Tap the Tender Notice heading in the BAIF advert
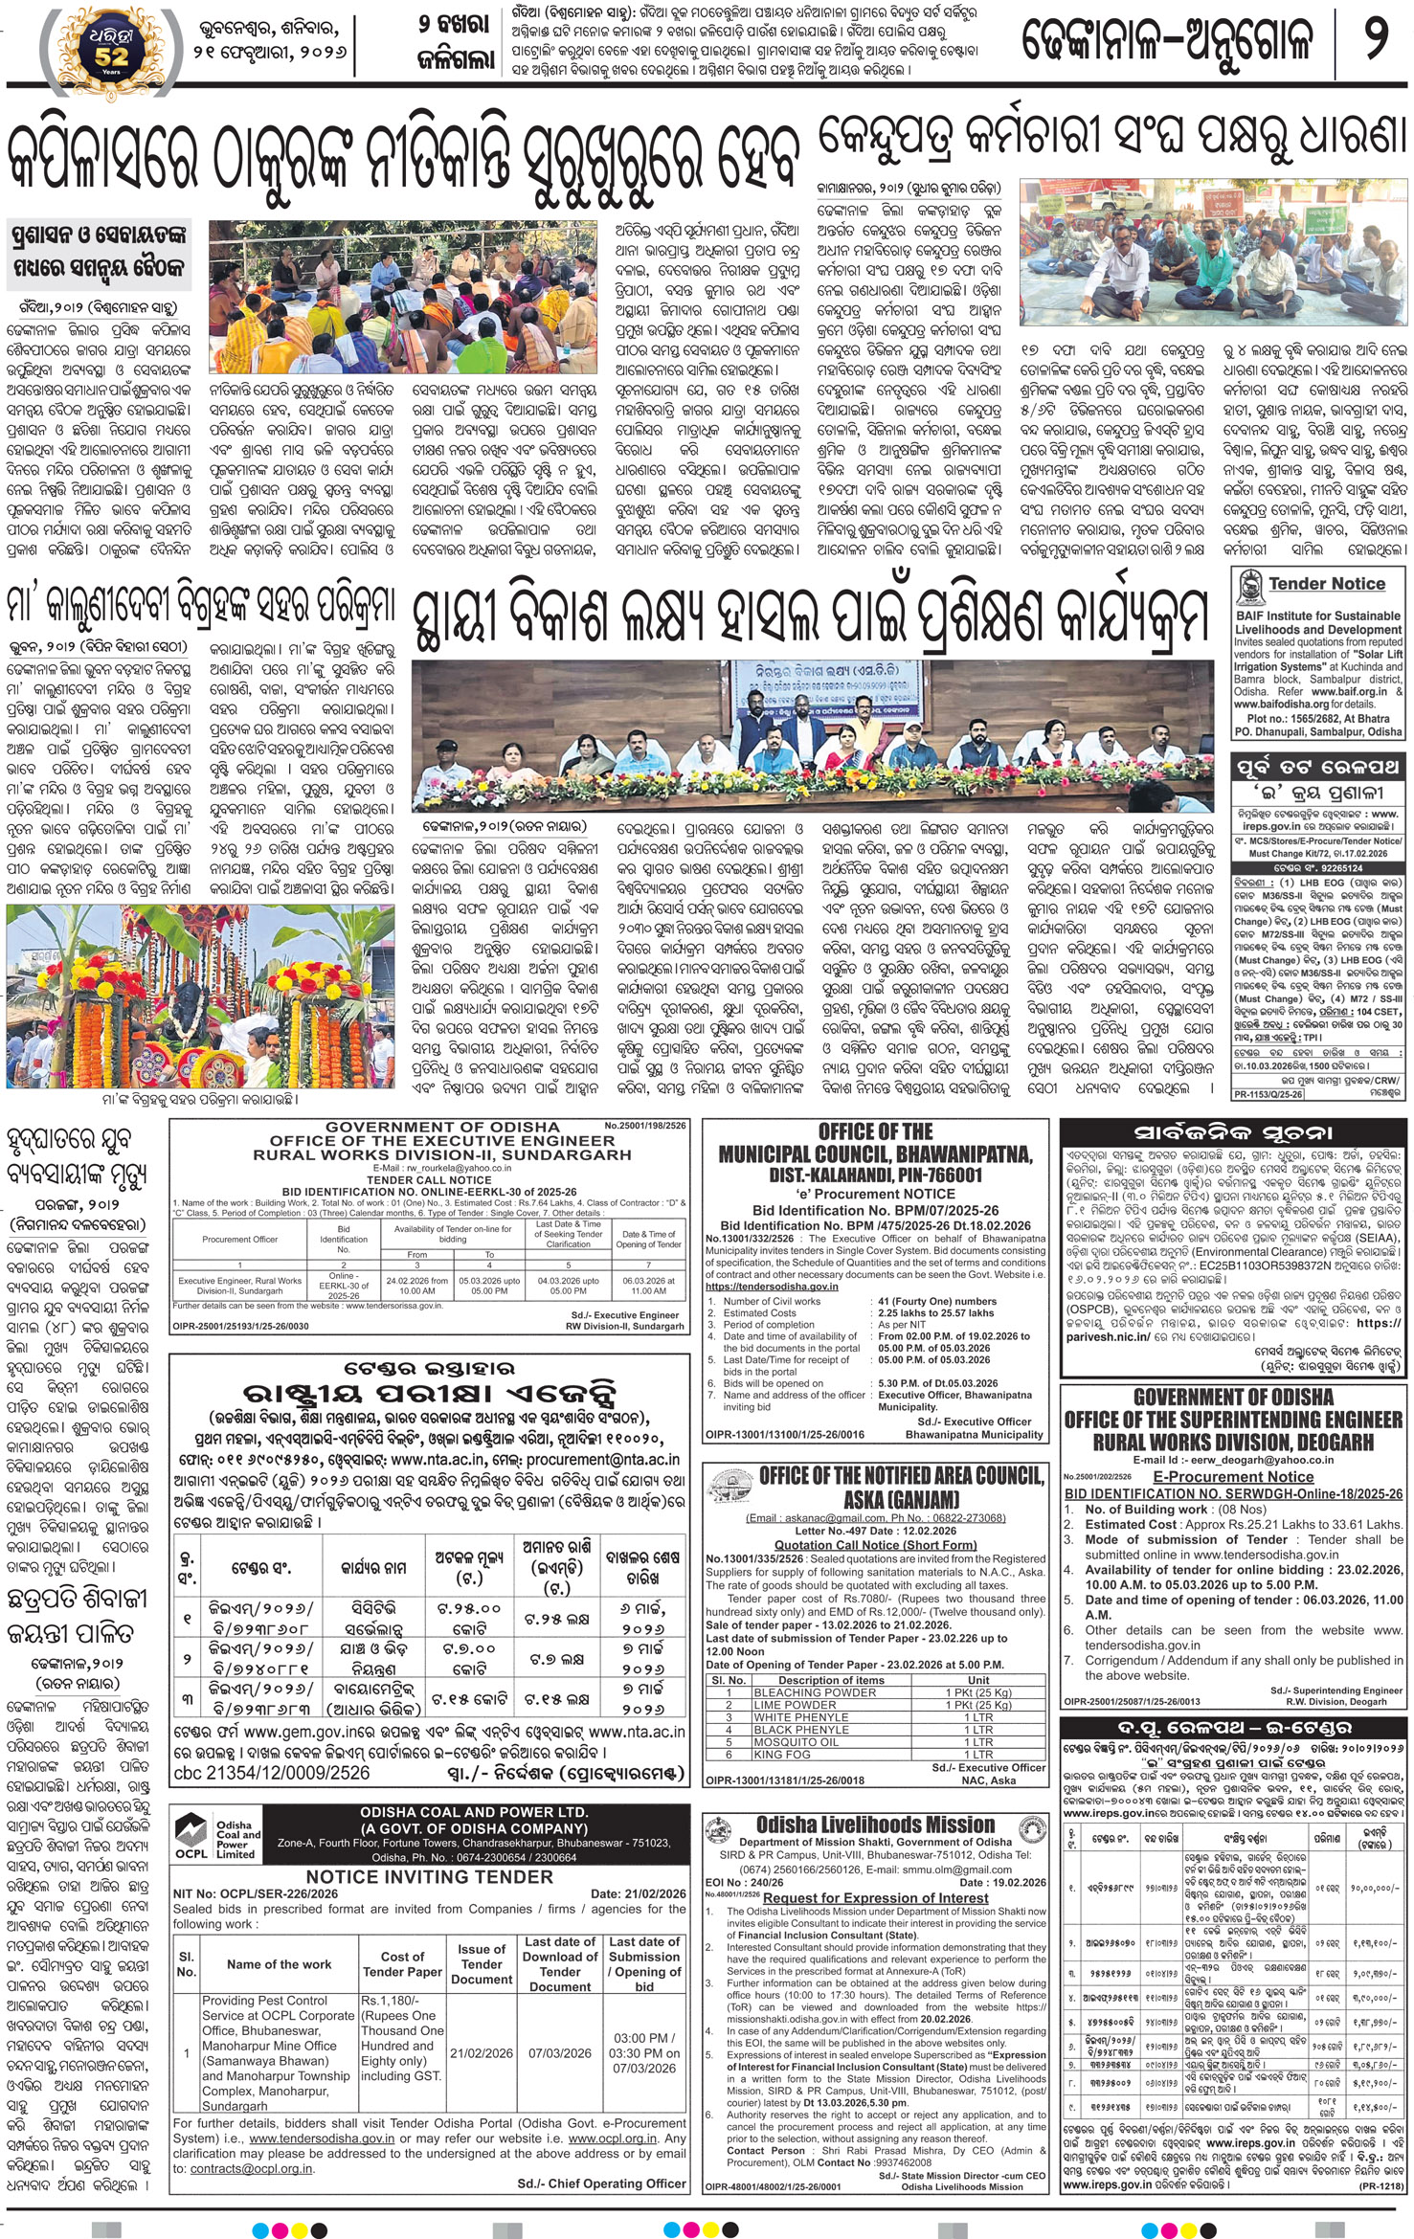pos(1326,583)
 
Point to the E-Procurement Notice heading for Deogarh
pos(1233,1477)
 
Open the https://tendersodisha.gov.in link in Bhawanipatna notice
pos(771,1287)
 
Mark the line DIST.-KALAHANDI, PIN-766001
pos(875,1175)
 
